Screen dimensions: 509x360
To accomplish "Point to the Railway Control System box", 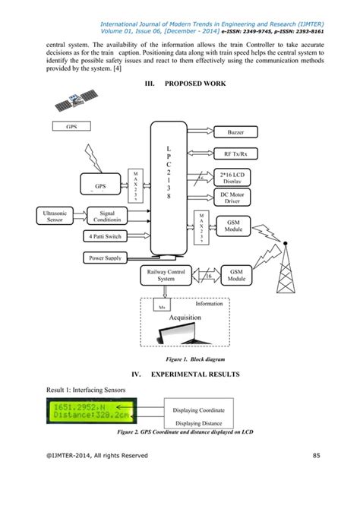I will pyautogui.click(x=165, y=274).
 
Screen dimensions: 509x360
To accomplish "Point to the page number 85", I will pyautogui.click(x=317, y=457).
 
